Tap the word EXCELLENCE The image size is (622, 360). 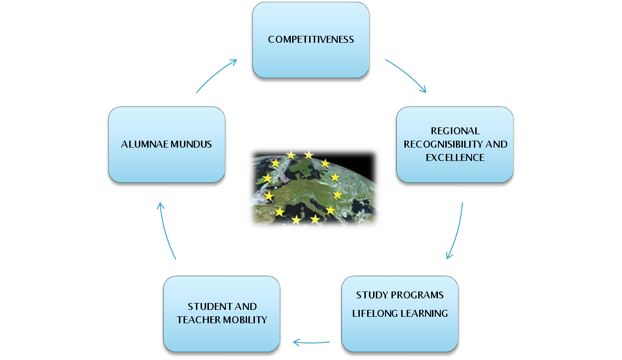click(x=455, y=158)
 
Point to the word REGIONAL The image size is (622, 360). click(x=455, y=131)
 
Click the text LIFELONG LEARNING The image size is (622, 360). click(x=400, y=314)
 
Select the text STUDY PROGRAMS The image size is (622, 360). click(x=400, y=295)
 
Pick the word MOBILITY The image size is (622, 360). click(x=245, y=320)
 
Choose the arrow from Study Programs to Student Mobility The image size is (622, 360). click(x=311, y=342)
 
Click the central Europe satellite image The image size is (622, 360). click(x=314, y=188)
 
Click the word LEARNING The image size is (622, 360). click(x=425, y=314)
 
